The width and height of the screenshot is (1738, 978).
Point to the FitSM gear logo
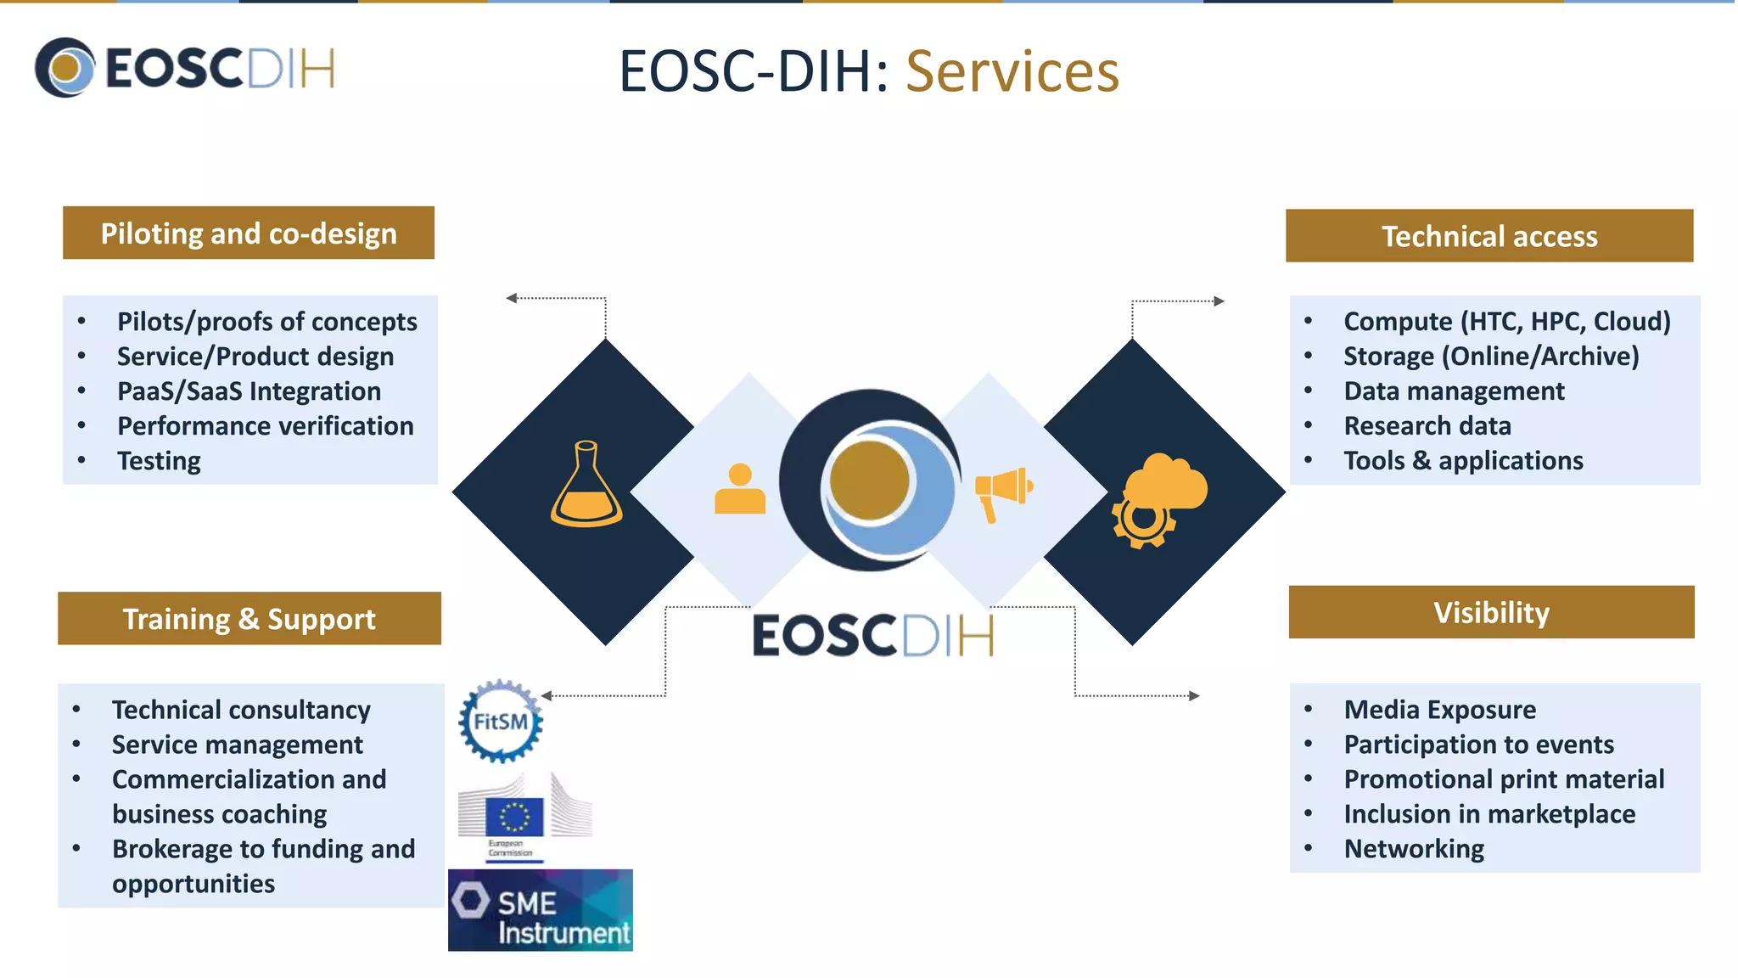click(x=501, y=722)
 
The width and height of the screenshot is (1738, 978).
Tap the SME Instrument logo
click(x=541, y=910)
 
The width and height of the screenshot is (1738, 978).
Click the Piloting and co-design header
click(x=249, y=233)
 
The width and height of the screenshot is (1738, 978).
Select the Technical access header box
click(x=1489, y=236)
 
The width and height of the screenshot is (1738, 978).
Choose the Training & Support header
click(x=249, y=619)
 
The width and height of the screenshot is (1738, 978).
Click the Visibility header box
click(x=1491, y=612)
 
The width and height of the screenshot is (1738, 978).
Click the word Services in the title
click(x=1012, y=71)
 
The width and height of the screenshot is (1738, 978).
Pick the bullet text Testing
click(x=159, y=461)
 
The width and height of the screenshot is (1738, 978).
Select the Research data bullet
click(x=1427, y=425)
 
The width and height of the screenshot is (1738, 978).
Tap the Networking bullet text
click(x=1414, y=849)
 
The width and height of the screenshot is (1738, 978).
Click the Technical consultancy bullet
click(x=241, y=710)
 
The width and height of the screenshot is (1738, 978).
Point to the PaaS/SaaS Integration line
click(x=249, y=391)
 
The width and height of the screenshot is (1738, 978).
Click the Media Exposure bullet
click(x=1439, y=710)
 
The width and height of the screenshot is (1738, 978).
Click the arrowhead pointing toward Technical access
click(x=1219, y=301)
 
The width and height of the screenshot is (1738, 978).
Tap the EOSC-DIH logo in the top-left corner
click(x=185, y=68)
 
